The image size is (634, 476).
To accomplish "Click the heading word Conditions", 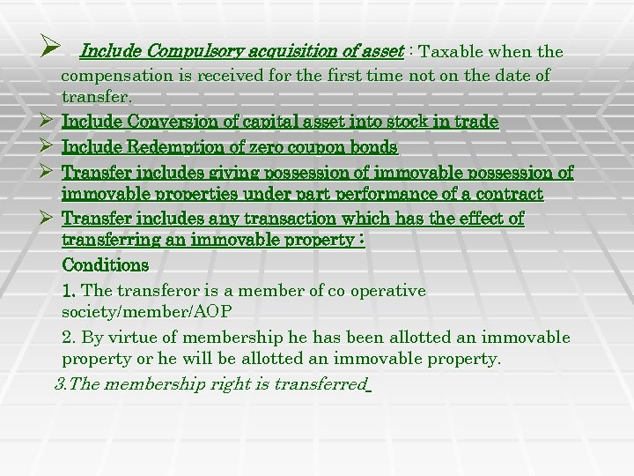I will [x=106, y=264].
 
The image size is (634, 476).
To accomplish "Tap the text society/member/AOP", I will [x=147, y=312].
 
